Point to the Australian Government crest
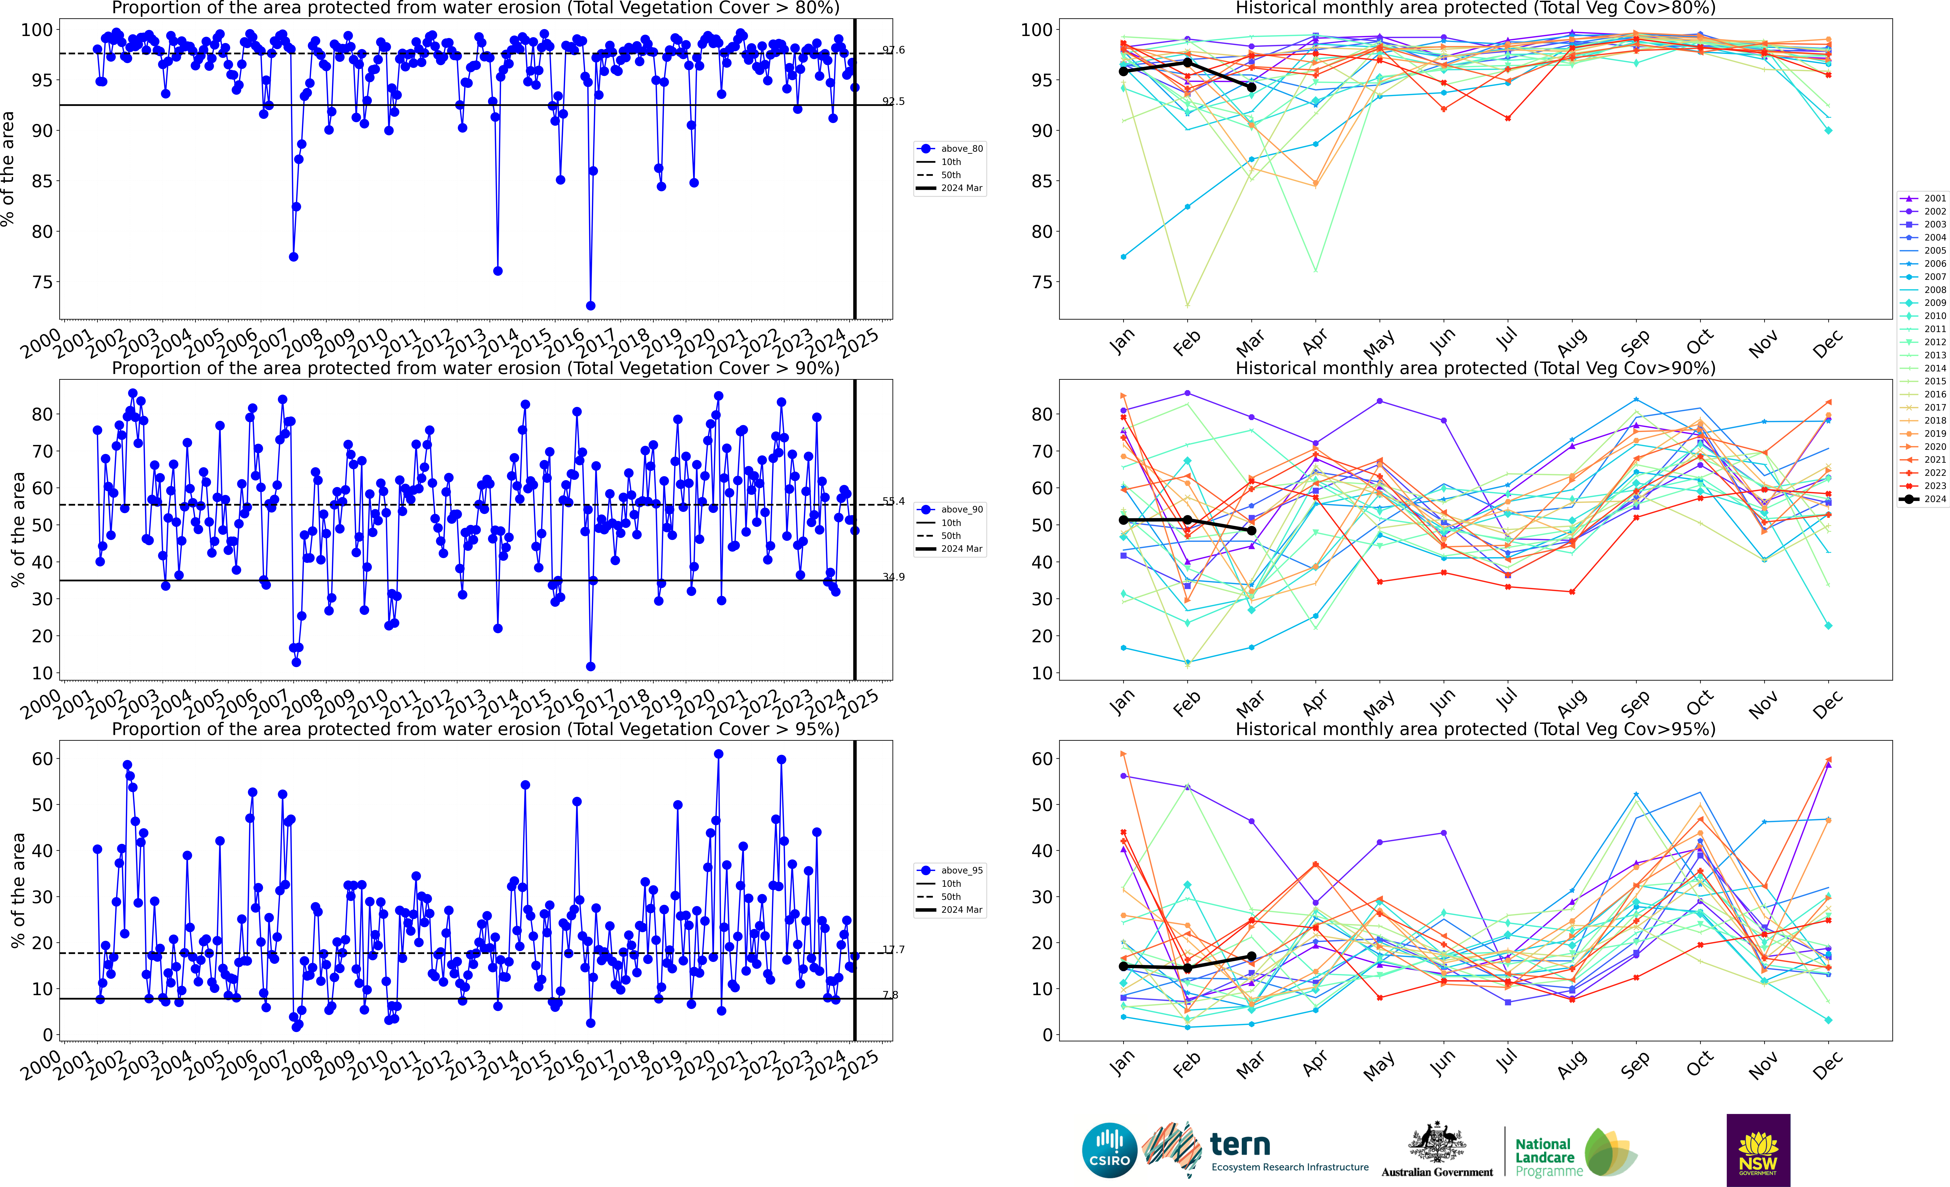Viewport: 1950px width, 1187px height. pyautogui.click(x=1436, y=1144)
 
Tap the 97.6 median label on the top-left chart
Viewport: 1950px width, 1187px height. pyautogui.click(x=894, y=50)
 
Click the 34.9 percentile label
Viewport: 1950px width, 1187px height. pyautogui.click(x=894, y=577)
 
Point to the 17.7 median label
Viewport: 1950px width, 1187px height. pyautogui.click(x=894, y=950)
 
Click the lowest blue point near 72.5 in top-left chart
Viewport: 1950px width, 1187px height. pyautogui.click(x=590, y=305)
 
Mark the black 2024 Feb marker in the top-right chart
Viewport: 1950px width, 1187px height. pyautogui.click(x=1187, y=62)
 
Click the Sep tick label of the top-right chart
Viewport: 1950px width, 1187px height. pyautogui.click(x=1635, y=342)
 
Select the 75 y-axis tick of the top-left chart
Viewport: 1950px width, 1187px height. pyautogui.click(x=42, y=283)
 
